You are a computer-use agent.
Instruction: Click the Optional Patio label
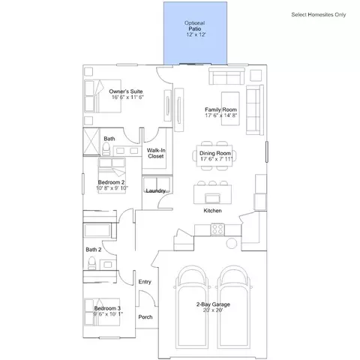[195, 25]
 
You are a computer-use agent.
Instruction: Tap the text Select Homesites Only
[319, 14]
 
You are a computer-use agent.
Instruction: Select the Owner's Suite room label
[126, 91]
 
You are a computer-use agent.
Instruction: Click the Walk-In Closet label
[156, 153]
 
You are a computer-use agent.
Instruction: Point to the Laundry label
[155, 190]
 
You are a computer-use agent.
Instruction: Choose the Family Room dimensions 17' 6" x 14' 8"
[221, 115]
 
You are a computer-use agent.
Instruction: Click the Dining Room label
[215, 153]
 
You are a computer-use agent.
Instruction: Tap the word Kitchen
[212, 211]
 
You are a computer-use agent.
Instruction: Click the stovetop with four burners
[217, 229]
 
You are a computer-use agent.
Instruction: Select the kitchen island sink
[212, 198]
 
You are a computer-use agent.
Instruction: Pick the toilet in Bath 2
[92, 263]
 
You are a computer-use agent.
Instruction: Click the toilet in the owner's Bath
[106, 148]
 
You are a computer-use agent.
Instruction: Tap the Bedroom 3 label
[107, 308]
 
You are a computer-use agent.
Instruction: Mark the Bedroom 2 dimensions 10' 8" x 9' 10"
[112, 188]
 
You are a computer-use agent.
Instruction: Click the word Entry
[145, 282]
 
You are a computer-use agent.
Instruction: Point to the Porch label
[145, 316]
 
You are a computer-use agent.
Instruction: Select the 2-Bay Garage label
[213, 304]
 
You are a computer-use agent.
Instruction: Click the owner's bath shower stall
[91, 142]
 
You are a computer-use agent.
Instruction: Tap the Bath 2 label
[94, 250]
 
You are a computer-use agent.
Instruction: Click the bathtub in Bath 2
[97, 230]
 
